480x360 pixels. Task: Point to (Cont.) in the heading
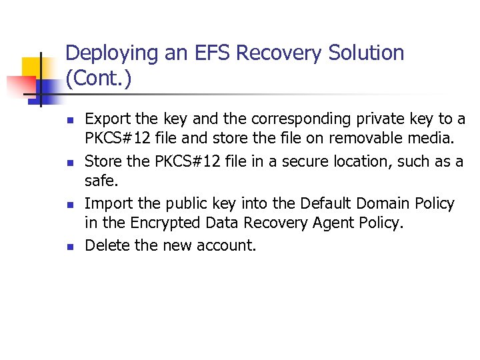point(99,79)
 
